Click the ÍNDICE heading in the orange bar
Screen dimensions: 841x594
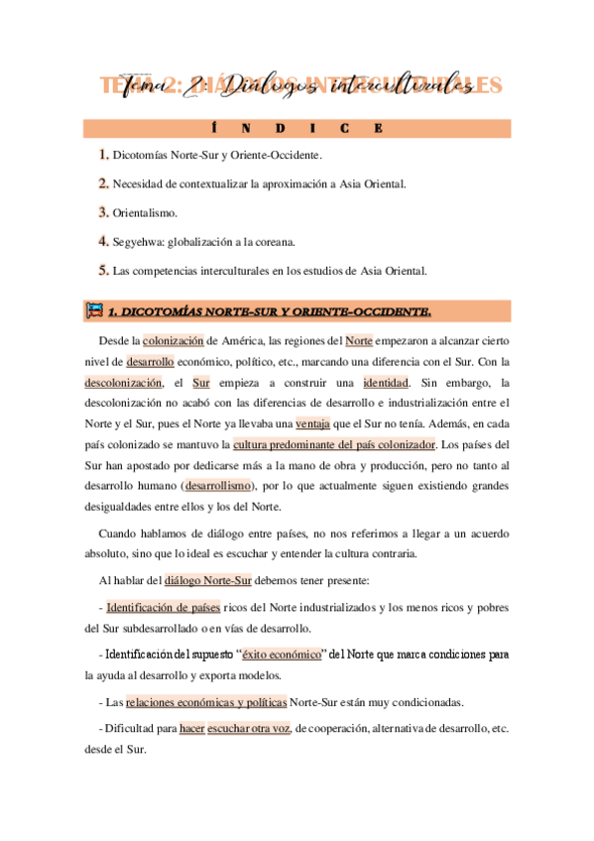297,128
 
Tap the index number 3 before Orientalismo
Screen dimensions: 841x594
103,212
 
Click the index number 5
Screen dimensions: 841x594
103,270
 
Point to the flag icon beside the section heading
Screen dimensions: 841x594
94,311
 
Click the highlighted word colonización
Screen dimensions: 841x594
176,341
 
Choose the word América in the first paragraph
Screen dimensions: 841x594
248,341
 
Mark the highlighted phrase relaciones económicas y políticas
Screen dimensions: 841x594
206,702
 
